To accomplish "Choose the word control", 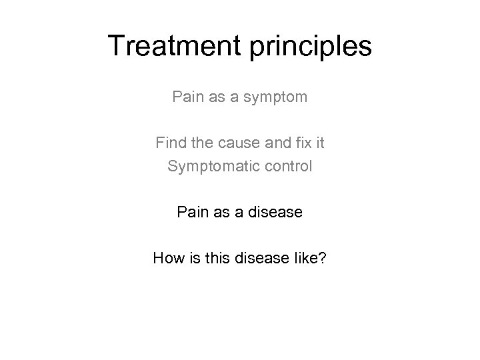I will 287,165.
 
